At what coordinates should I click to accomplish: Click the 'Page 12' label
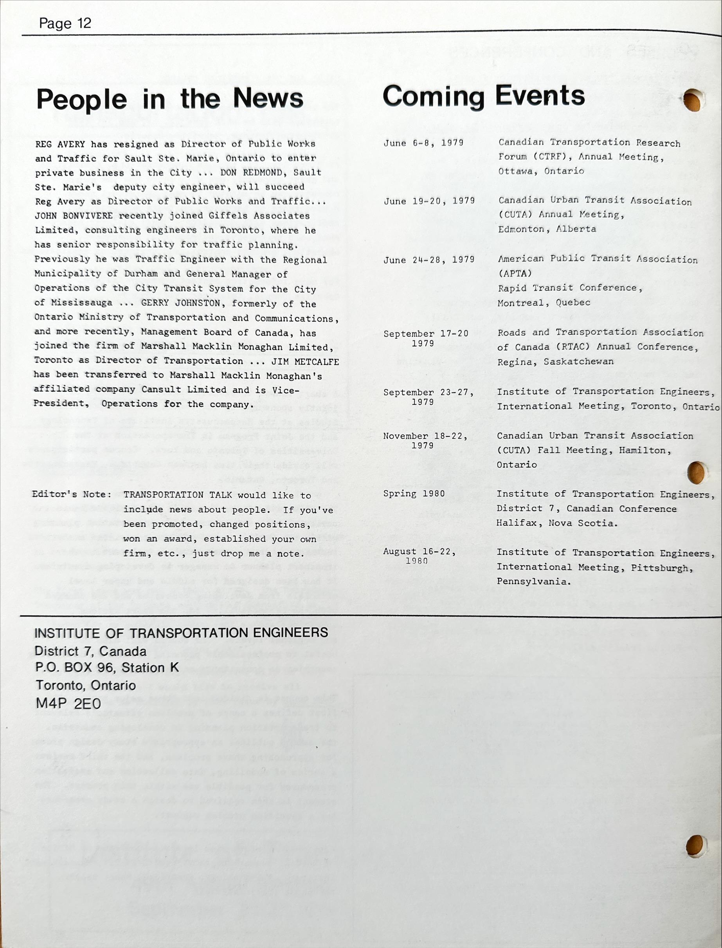click(65, 23)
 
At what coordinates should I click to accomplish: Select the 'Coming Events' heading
click(483, 96)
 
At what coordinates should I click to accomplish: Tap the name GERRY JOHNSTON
click(180, 303)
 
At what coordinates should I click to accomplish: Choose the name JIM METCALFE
click(305, 361)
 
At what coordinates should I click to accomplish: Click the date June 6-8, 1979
click(423, 143)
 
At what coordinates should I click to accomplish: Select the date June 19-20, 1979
click(429, 201)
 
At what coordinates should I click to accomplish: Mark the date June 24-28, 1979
click(429, 259)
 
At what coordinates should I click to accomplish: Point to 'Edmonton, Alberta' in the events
click(547, 229)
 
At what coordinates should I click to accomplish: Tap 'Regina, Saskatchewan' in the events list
click(555, 362)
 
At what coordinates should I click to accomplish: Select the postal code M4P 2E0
click(68, 703)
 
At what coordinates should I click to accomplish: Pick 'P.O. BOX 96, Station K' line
click(106, 668)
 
